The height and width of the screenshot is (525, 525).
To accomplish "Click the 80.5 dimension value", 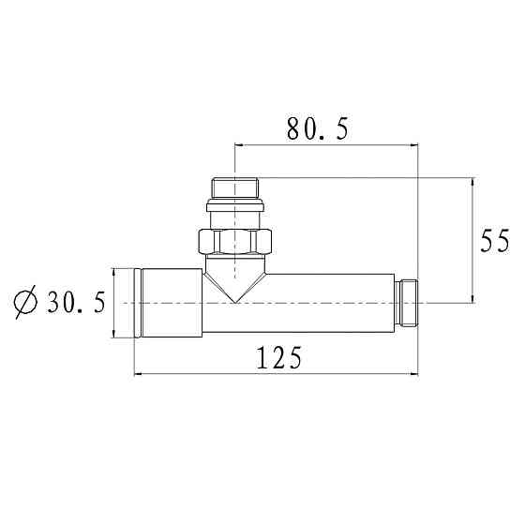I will [x=316, y=129].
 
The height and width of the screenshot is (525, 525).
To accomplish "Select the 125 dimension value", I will [x=278, y=358].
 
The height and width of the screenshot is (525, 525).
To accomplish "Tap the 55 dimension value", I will [x=496, y=241].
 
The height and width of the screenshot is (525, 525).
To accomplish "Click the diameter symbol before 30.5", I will [x=25, y=303].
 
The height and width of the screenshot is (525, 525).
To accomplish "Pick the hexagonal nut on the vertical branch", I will [x=235, y=242].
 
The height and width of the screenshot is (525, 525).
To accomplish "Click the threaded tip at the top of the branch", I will [x=235, y=187].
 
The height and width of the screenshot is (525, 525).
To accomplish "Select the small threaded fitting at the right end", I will [x=409, y=302].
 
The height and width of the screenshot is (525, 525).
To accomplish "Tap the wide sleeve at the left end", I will [x=170, y=303].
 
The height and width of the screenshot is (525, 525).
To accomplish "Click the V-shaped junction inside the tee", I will [x=235, y=286].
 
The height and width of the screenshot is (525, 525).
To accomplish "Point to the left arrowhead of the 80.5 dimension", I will [x=238, y=146].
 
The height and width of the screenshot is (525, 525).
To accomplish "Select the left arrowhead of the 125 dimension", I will [x=140, y=375].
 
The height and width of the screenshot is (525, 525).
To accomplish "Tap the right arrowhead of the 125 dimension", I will [x=414, y=375].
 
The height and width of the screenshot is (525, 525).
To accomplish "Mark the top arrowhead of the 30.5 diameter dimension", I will [x=114, y=272].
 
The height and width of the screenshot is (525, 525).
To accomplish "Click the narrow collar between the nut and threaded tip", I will [x=235, y=214].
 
